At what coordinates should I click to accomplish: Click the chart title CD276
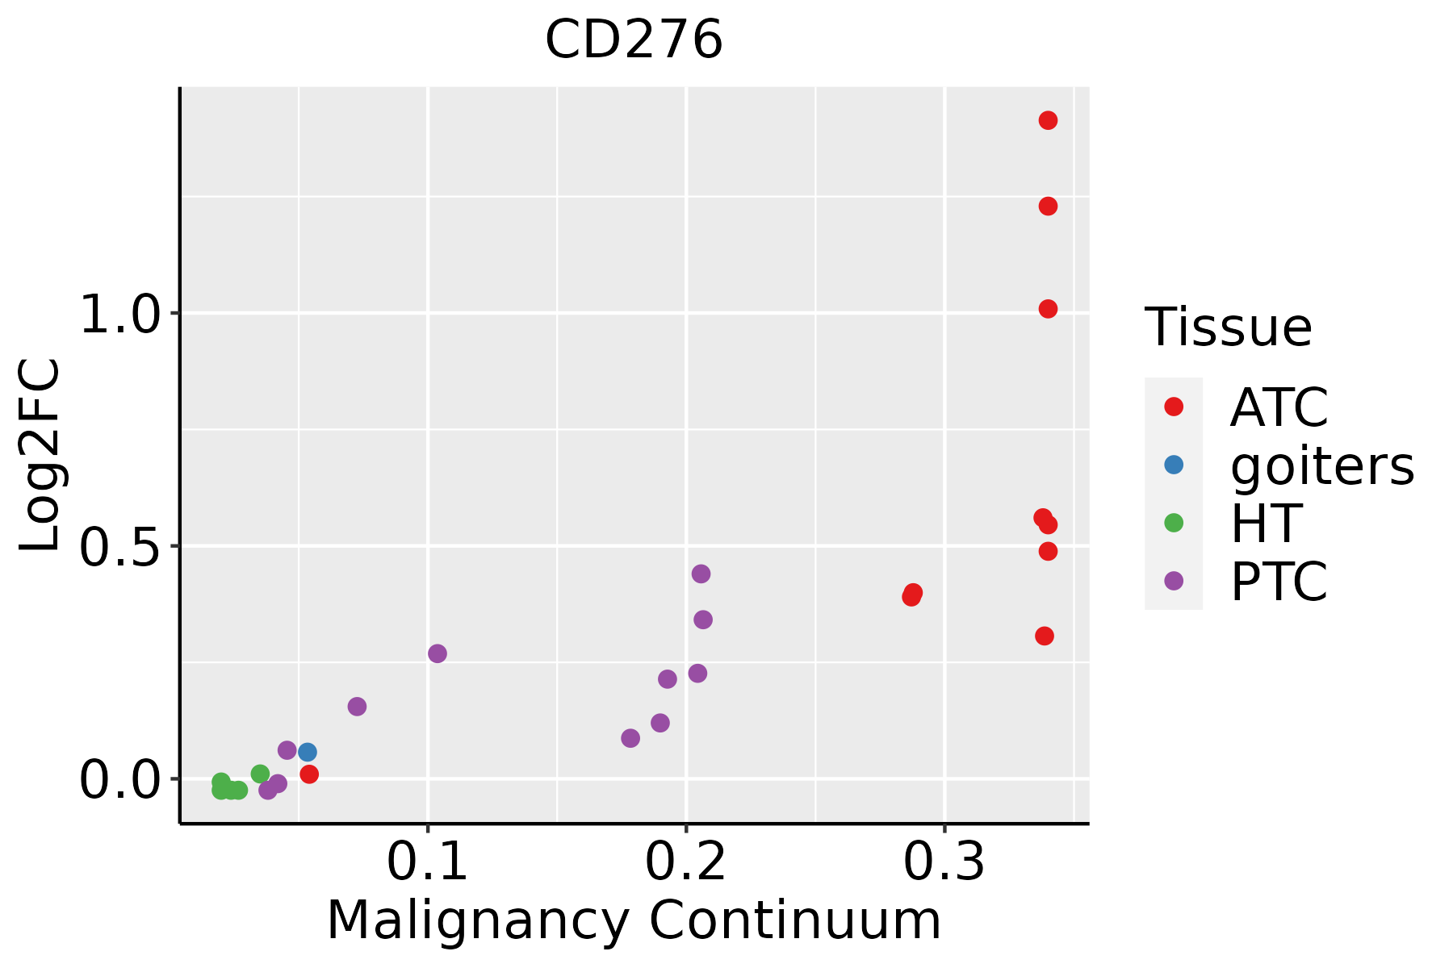(x=634, y=40)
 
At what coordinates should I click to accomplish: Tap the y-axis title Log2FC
(x=40, y=456)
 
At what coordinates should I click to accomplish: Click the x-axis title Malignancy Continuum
(x=634, y=920)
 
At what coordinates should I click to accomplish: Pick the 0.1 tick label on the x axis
(x=428, y=862)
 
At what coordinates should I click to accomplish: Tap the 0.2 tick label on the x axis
(x=686, y=862)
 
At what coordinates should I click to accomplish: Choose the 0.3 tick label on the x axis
(x=944, y=862)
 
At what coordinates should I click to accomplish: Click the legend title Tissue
(x=1228, y=328)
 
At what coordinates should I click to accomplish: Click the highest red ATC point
(x=1048, y=121)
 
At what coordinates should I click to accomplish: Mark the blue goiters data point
(x=308, y=752)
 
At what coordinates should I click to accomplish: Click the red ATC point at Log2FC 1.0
(x=1048, y=309)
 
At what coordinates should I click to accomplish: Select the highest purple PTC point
(x=701, y=574)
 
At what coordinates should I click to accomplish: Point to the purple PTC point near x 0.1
(x=438, y=653)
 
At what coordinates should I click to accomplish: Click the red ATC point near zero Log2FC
(x=309, y=774)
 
